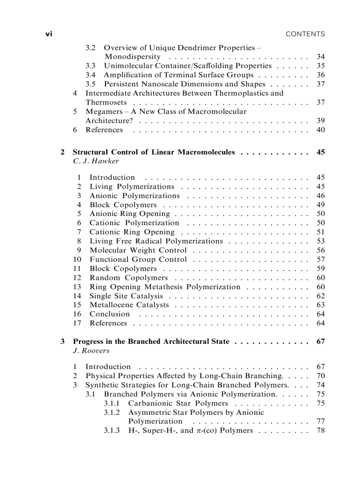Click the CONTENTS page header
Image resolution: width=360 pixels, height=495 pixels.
pyautogui.click(x=305, y=34)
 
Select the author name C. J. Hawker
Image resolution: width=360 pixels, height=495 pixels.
pyautogui.click(x=96, y=161)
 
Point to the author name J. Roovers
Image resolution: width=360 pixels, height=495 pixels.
pyautogui.click(x=91, y=351)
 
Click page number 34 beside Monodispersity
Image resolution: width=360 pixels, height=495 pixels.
pyautogui.click(x=321, y=57)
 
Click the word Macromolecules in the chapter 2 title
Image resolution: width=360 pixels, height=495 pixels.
pyautogui.click(x=206, y=152)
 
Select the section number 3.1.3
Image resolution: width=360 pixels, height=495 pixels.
pyautogui.click(x=112, y=430)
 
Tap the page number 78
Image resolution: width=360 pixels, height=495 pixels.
pyautogui.click(x=321, y=430)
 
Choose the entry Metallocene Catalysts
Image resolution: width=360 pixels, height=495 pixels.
pyautogui.click(x=129, y=305)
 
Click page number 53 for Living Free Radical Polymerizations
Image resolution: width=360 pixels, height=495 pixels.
pyautogui.click(x=321, y=241)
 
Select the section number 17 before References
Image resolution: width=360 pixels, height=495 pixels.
pyautogui.click(x=78, y=323)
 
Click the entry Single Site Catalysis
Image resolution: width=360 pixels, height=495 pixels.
pyautogui.click(x=126, y=296)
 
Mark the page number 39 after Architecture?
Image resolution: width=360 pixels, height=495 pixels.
pyautogui.click(x=321, y=121)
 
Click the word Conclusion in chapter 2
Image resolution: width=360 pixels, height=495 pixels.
pyautogui.click(x=109, y=314)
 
